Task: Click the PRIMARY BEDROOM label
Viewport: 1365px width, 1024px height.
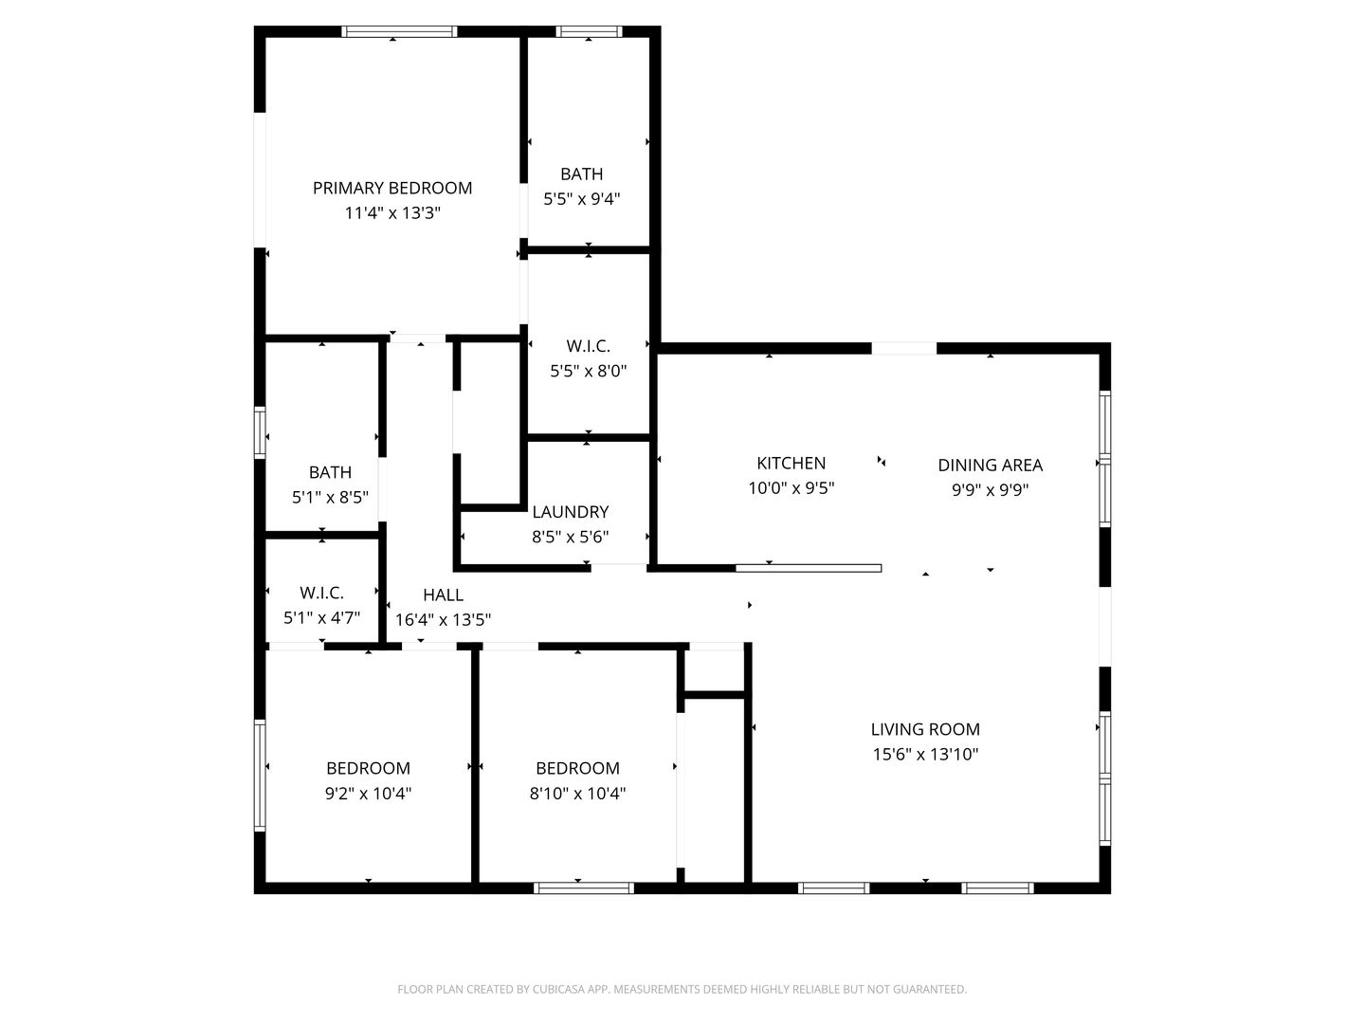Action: tap(392, 188)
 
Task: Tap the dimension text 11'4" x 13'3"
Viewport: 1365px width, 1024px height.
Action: tap(392, 213)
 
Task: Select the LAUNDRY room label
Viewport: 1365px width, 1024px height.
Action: tap(570, 512)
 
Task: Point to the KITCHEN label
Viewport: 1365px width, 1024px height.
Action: tap(791, 463)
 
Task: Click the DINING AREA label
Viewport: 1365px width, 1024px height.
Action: tap(990, 465)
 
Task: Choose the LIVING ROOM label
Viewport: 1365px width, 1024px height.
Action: tap(925, 729)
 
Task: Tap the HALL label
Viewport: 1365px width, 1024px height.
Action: tap(443, 594)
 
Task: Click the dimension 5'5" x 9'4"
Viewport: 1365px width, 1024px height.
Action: tap(581, 199)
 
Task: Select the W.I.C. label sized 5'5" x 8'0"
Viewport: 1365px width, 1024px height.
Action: tap(588, 346)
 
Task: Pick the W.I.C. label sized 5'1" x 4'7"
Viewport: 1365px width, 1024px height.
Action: tap(321, 593)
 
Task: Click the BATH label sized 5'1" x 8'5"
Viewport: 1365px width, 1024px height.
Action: tap(330, 472)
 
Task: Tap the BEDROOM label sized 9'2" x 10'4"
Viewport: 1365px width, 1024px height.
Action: tap(368, 768)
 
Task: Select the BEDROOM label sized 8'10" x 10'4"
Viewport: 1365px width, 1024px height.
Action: tap(577, 768)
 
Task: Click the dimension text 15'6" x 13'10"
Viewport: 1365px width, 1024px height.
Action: tap(925, 755)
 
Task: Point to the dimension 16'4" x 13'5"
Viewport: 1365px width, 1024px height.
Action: tap(443, 620)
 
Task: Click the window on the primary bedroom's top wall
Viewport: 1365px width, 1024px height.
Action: tap(399, 31)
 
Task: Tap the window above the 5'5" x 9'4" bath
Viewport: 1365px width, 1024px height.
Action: tap(589, 31)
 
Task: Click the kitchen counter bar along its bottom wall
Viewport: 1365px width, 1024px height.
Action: tap(809, 568)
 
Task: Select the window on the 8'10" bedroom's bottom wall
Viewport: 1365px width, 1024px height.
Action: tap(583, 888)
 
